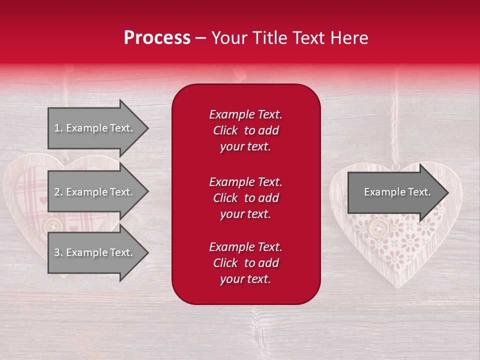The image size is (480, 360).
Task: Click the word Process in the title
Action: [x=157, y=38]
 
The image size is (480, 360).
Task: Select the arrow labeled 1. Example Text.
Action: [x=95, y=128]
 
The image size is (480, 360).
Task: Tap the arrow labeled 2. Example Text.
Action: [x=95, y=192]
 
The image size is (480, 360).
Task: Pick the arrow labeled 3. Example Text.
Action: [x=95, y=252]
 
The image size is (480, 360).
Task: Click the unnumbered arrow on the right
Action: [x=395, y=192]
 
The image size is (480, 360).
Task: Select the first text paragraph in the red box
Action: [x=245, y=130]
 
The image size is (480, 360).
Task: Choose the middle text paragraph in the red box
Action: [x=245, y=198]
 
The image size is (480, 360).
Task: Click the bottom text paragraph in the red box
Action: [x=245, y=263]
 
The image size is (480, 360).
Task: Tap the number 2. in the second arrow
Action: [x=58, y=192]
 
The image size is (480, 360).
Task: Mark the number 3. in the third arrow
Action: [x=58, y=252]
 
